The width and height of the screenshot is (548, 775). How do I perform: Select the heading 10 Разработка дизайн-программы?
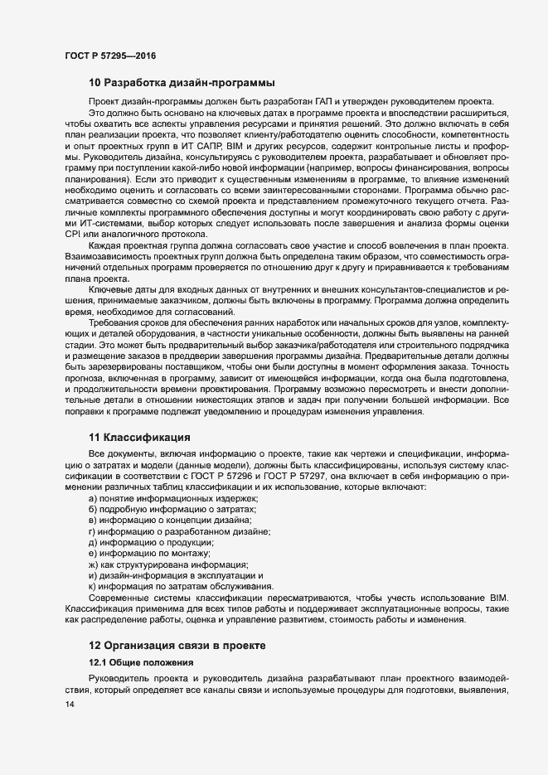point(182,83)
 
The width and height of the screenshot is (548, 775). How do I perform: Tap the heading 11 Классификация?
point(140,437)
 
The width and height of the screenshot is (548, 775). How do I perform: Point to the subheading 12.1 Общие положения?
point(142,663)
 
